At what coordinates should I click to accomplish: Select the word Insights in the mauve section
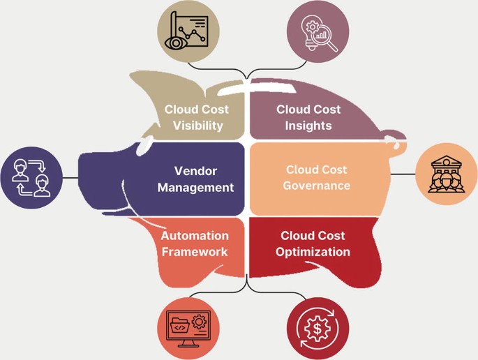pyautogui.click(x=308, y=126)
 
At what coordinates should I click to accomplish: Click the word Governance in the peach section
pyautogui.click(x=316, y=186)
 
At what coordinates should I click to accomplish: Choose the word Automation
pyautogui.click(x=195, y=236)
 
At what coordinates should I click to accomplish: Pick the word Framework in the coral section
pyautogui.click(x=195, y=252)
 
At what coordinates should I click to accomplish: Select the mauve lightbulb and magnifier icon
pyautogui.click(x=316, y=31)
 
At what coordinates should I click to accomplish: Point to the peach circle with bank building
pyautogui.click(x=446, y=174)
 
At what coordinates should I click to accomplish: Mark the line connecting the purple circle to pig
pyautogui.click(x=70, y=178)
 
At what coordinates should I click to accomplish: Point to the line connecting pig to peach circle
pyautogui.click(x=402, y=174)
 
